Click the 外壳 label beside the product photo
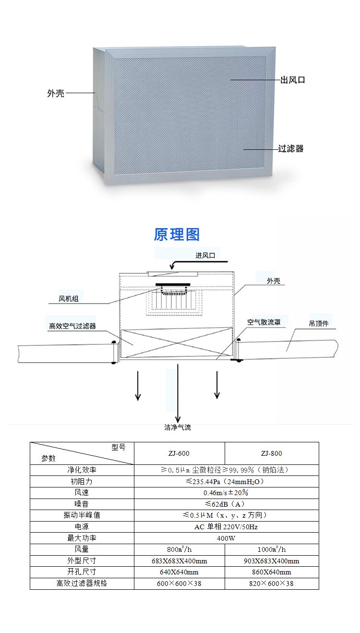point(55,93)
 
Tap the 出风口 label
point(292,80)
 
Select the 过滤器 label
point(291,148)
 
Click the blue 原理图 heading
point(177,234)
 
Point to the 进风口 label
point(205,256)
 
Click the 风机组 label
point(68,299)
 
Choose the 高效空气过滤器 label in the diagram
point(72,326)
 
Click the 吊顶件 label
point(319,324)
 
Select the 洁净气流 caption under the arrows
point(178,427)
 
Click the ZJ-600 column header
point(179,453)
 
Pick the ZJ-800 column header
point(271,453)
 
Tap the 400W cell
point(226,538)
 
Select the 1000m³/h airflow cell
point(271,549)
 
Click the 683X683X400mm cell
point(179,561)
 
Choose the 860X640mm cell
point(271,572)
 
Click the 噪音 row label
point(82,504)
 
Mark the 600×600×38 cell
point(179,584)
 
